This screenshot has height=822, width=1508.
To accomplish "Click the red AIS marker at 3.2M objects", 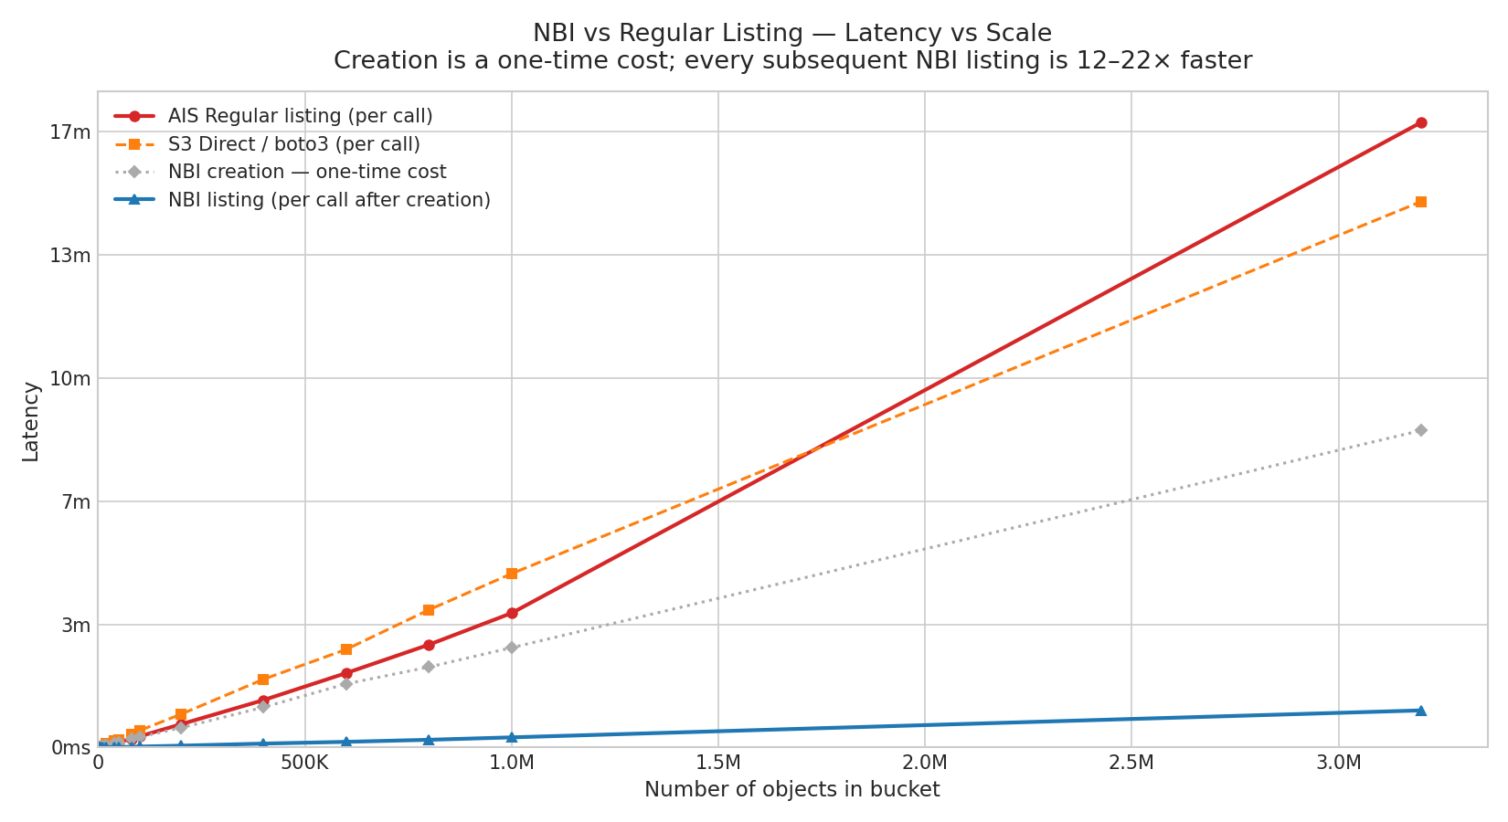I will [1420, 122].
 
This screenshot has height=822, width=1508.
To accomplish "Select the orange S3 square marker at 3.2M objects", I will [1420, 202].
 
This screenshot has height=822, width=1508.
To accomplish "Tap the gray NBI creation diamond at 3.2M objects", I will [1420, 430].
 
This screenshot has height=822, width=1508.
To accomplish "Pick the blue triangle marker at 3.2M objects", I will [1420, 710].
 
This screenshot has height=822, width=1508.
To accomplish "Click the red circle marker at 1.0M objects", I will [512, 613].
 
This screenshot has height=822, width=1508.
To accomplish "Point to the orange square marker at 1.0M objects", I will [512, 574].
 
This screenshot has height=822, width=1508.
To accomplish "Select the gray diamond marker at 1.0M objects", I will [512, 648].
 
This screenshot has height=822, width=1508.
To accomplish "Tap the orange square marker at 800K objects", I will [429, 610].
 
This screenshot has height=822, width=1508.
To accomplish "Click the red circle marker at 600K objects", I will [346, 673].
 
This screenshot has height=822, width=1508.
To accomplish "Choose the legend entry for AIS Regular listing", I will [300, 117].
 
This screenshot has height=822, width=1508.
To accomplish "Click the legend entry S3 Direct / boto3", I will [293, 144].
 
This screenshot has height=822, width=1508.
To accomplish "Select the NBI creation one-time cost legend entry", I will [306, 172].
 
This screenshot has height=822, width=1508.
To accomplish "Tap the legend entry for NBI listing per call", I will [329, 200].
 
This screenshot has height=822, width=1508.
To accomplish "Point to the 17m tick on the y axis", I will [69, 132].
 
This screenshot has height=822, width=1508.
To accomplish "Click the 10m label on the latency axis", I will [69, 379].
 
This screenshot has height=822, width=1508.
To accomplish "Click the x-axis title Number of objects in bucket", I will [791, 790].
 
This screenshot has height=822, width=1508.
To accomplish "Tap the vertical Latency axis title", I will [31, 421].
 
